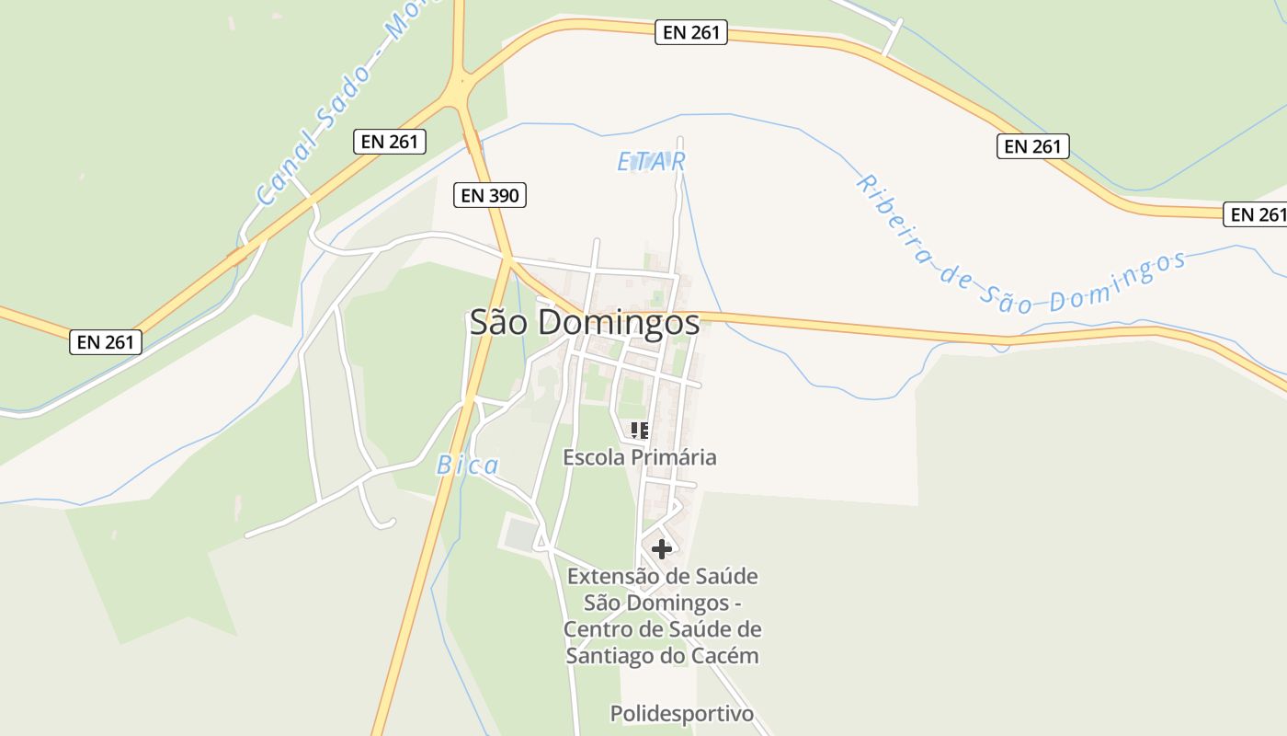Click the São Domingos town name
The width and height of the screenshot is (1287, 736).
click(584, 322)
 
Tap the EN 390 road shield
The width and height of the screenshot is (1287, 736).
click(490, 195)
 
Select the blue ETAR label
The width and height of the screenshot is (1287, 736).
click(651, 162)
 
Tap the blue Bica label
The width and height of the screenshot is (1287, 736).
click(467, 466)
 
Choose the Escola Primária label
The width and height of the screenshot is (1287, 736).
click(639, 457)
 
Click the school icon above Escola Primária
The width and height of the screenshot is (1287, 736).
click(639, 430)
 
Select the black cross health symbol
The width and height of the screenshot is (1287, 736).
click(661, 549)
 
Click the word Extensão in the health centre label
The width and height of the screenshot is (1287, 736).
click(611, 577)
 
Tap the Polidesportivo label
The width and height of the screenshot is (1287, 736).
click(681, 714)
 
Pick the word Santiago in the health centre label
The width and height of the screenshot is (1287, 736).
click(609, 656)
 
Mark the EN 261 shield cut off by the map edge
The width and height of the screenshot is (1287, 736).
click(1256, 214)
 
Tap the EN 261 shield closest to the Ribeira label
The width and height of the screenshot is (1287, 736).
click(1032, 146)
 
